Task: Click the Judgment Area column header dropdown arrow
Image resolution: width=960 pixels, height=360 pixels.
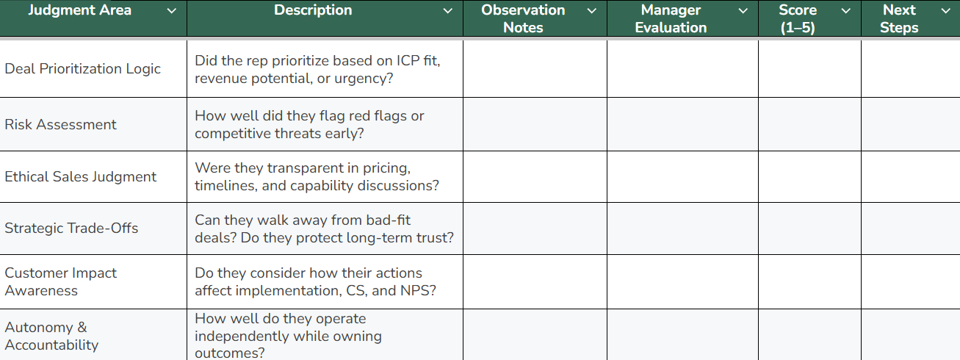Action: tap(171, 11)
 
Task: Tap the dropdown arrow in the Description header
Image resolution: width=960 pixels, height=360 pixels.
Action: tap(447, 11)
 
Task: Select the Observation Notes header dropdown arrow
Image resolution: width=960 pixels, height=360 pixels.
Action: tap(591, 11)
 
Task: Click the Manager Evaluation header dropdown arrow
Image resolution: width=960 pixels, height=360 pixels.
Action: tap(743, 11)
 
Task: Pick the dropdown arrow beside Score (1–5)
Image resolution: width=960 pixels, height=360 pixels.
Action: tap(846, 11)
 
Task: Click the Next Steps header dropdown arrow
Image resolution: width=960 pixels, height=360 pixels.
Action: tap(945, 11)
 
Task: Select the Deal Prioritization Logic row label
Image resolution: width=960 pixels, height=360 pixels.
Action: tap(83, 69)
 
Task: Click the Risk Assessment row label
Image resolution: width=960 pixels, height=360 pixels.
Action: tap(60, 124)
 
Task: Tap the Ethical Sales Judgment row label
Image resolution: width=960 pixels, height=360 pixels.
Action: tap(81, 176)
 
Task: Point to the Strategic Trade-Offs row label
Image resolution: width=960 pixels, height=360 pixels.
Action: tap(71, 228)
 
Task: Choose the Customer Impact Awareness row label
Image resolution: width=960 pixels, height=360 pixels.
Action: tap(60, 281)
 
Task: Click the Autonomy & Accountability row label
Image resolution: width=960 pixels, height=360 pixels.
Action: tap(51, 336)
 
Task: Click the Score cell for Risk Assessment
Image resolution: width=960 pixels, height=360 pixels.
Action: tap(809, 124)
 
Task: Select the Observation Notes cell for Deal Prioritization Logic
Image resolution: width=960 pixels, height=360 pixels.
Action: tap(535, 69)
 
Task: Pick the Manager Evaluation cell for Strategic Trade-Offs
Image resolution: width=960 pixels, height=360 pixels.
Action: tap(682, 228)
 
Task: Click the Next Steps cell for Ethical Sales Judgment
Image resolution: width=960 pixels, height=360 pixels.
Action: tap(911, 176)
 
